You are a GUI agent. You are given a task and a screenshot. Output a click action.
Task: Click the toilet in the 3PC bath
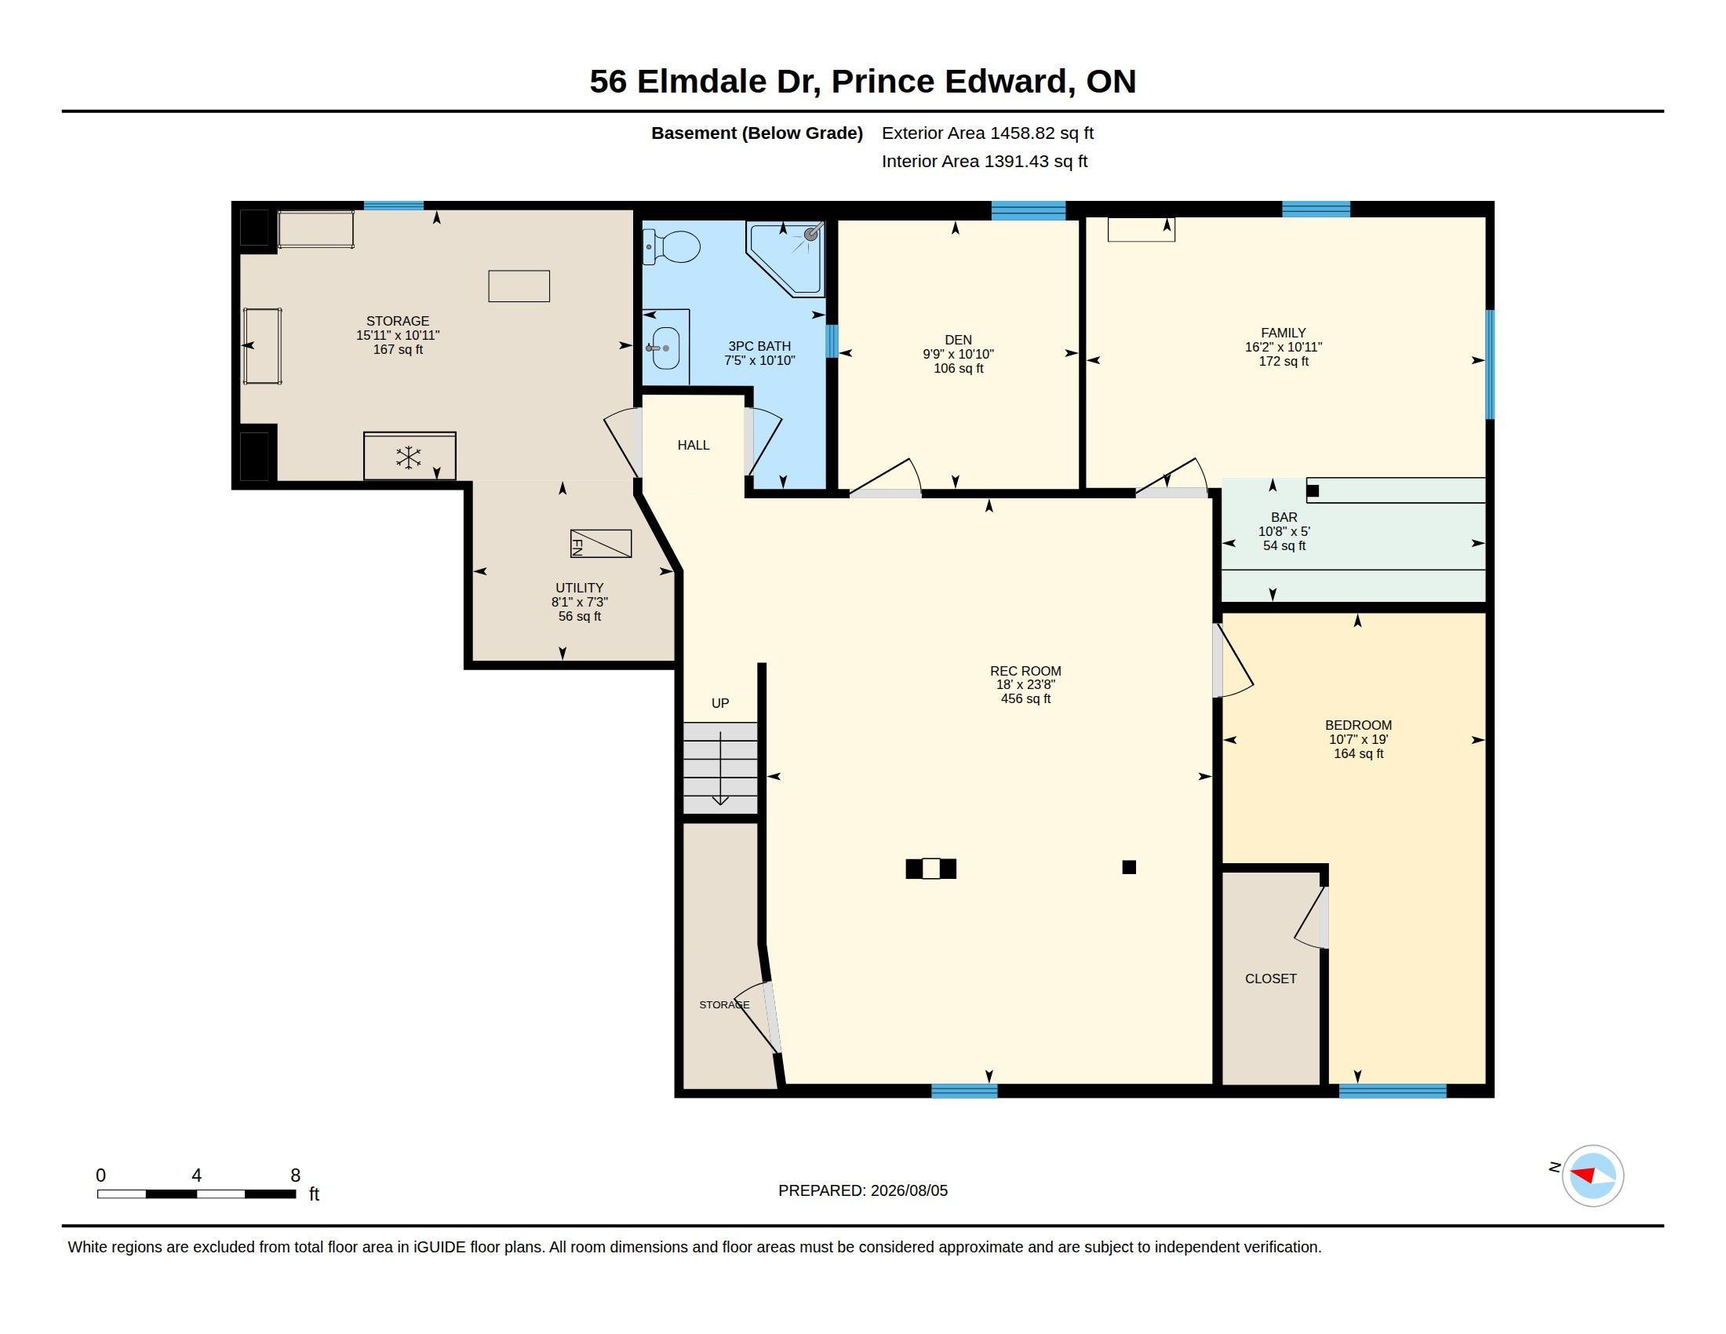[x=671, y=246]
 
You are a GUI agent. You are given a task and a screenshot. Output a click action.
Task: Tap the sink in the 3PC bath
[x=665, y=348]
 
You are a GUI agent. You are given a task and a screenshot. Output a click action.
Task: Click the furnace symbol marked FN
[x=601, y=544]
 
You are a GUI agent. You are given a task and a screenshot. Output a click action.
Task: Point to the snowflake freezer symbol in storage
[x=409, y=457]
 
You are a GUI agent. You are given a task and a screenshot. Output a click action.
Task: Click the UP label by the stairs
[x=720, y=703]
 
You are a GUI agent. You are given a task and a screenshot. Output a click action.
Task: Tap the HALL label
[x=694, y=446]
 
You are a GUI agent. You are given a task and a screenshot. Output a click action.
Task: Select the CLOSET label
[x=1271, y=979]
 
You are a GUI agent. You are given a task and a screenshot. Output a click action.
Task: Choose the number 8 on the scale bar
[x=296, y=1175]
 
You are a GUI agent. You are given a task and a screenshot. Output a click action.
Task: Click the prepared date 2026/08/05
[x=909, y=1190]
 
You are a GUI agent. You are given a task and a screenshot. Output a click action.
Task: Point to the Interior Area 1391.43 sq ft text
[x=985, y=161]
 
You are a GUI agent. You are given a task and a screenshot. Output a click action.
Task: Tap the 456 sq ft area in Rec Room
[x=1026, y=698]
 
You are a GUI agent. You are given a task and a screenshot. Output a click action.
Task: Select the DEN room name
[x=958, y=340]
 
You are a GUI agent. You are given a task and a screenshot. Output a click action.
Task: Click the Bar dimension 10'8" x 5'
[x=1284, y=532]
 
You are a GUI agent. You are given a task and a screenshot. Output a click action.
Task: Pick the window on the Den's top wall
[x=1029, y=210]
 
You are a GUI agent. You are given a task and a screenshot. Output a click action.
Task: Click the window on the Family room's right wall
[x=1490, y=364]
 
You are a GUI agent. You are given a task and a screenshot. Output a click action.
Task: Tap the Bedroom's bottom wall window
[x=1393, y=1092]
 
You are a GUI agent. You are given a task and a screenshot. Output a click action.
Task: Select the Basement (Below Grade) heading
[x=757, y=133]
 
